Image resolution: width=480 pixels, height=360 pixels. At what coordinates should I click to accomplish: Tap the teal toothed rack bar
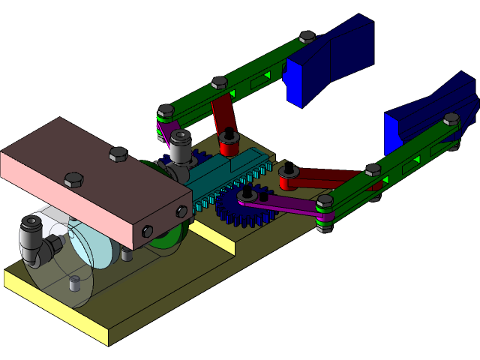(x=225, y=176)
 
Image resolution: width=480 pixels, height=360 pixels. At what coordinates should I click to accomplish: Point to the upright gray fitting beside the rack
(x=180, y=147)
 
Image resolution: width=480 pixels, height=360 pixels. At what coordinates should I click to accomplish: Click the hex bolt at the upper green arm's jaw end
(x=307, y=37)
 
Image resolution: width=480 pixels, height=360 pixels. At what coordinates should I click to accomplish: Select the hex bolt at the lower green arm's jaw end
(x=451, y=118)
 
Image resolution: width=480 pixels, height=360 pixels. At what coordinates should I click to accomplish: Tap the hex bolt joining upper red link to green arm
(x=219, y=82)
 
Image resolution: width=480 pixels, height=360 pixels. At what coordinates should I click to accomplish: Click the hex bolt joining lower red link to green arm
(x=373, y=169)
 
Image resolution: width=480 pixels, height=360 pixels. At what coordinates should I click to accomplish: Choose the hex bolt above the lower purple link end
(x=325, y=201)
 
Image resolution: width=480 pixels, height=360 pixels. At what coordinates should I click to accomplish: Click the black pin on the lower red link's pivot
(x=288, y=170)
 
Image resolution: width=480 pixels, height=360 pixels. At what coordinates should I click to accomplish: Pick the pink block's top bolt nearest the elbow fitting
(x=73, y=179)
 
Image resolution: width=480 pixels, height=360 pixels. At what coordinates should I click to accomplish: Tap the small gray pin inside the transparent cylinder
(x=74, y=283)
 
